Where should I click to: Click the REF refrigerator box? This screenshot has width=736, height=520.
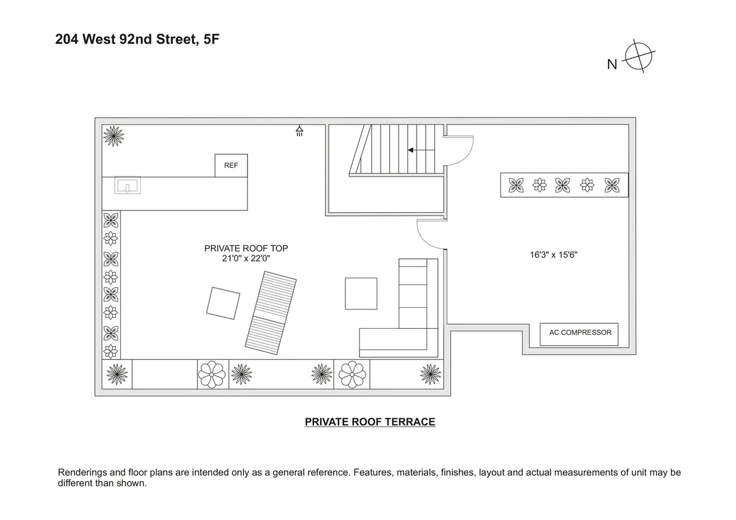[231, 166]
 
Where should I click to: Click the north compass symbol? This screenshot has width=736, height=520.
[638, 58]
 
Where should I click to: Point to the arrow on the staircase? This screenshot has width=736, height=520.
[420, 150]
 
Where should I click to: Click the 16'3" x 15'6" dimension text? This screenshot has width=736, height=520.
[554, 253]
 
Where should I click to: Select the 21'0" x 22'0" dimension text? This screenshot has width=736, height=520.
[246, 259]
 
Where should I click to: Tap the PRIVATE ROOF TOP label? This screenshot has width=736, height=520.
[246, 248]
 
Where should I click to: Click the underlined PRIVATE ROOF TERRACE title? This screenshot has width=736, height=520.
[370, 422]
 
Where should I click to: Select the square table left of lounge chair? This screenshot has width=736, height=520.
[223, 303]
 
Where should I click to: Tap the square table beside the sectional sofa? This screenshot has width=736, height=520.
[361, 294]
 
